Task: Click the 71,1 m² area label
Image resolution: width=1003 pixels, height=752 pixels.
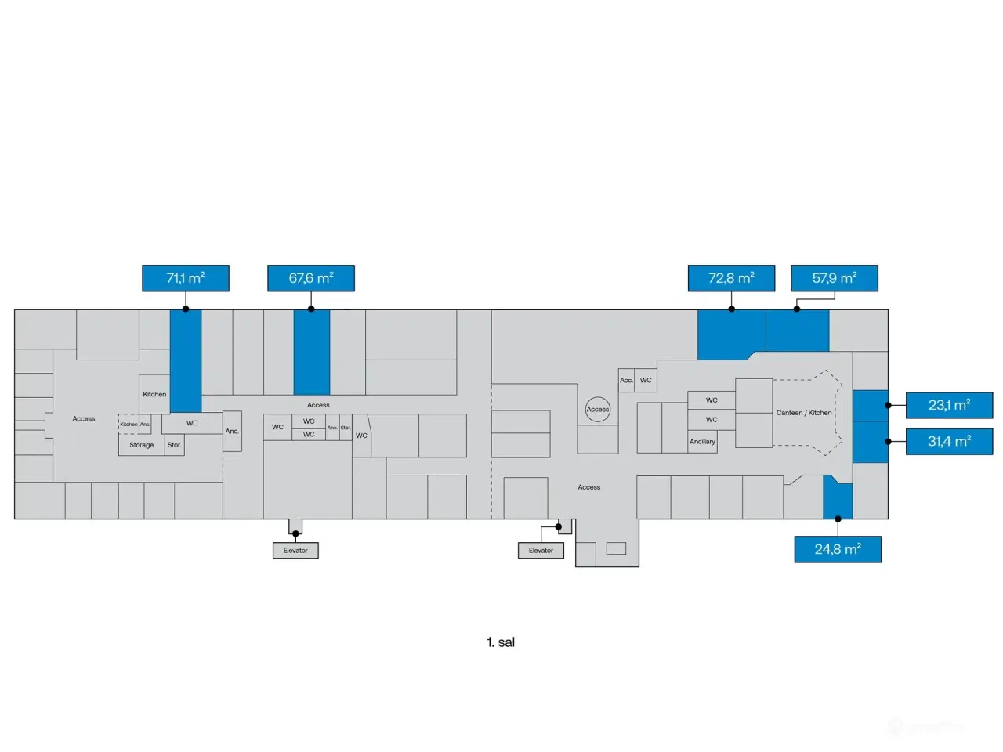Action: click(x=186, y=278)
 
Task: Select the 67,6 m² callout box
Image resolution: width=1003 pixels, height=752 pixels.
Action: click(x=311, y=278)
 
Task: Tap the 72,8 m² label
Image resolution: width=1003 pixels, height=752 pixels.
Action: click(x=731, y=278)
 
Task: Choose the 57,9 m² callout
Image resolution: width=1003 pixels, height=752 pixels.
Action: click(x=834, y=278)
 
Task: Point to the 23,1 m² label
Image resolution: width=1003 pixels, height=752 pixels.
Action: click(x=949, y=405)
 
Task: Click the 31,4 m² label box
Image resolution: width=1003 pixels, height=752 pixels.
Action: click(x=949, y=441)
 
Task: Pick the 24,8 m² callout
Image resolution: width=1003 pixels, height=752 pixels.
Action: click(x=838, y=549)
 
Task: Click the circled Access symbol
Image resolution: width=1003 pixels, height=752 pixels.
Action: click(x=598, y=409)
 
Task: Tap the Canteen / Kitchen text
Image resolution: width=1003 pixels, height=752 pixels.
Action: click(x=804, y=413)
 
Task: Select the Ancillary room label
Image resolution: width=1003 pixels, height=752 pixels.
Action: click(x=702, y=442)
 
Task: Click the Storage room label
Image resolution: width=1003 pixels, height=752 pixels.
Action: click(x=142, y=445)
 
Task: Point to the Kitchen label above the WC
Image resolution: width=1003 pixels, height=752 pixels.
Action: click(x=154, y=394)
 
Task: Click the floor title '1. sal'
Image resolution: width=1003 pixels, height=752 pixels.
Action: click(x=501, y=642)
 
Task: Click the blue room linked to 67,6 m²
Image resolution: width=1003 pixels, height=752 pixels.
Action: click(x=312, y=352)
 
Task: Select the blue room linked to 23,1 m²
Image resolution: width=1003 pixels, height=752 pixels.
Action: click(x=870, y=406)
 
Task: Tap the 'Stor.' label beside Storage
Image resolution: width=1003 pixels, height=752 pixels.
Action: click(x=174, y=445)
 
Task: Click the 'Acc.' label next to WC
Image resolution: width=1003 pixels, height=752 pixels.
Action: click(x=626, y=381)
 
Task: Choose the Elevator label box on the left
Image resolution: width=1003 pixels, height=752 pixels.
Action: click(x=295, y=551)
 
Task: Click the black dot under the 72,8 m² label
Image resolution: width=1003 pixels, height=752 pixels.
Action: click(x=731, y=309)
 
